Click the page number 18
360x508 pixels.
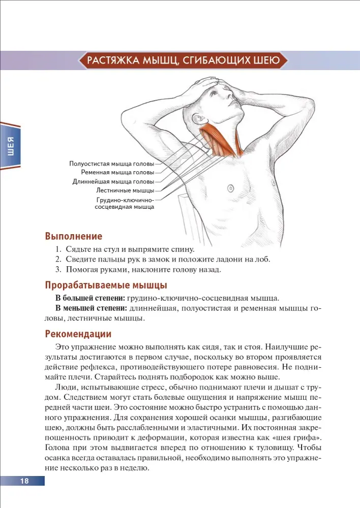pos(24,481)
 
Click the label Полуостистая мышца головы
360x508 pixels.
pos(111,164)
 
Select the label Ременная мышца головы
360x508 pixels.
pos(117,173)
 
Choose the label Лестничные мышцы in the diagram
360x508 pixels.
pos(125,190)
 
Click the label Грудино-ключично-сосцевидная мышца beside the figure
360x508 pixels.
pos(125,204)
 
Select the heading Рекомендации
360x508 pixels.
pos(78,334)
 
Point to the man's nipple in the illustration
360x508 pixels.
pos(230,188)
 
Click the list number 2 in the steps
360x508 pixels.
pos(58,259)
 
